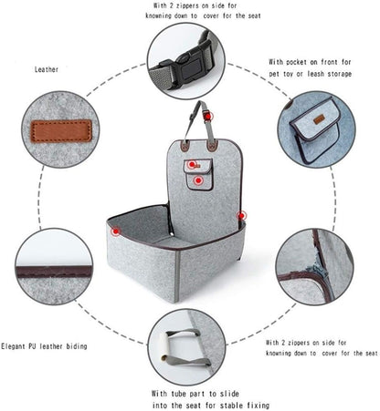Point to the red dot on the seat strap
tap(208, 117)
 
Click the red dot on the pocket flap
tap(194, 164)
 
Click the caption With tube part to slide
tap(200, 393)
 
